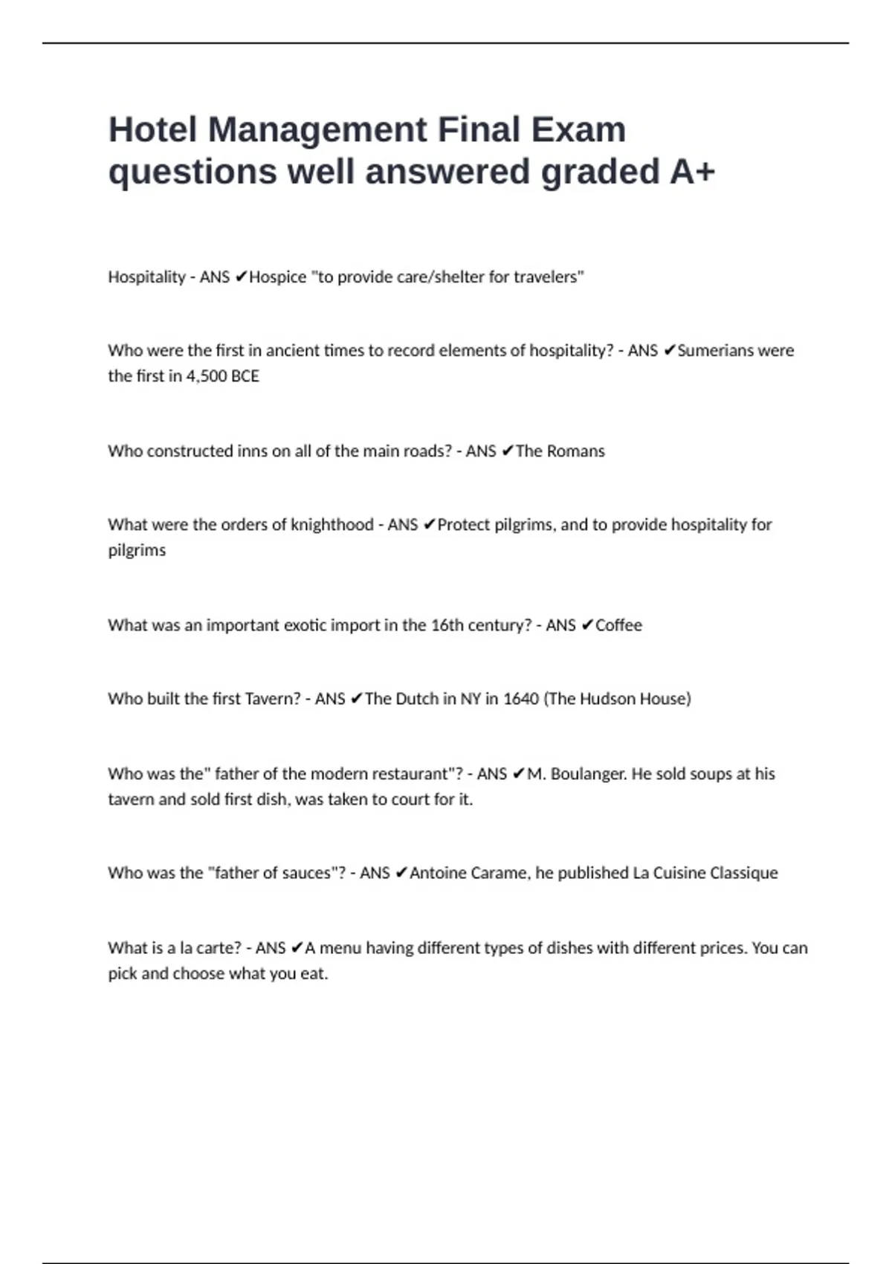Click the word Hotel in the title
(152, 130)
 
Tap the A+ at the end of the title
(692, 172)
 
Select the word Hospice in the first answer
(277, 277)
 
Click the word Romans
(576, 451)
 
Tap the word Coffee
(618, 625)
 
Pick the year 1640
(520, 699)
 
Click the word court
(410, 800)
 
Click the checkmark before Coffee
(586, 625)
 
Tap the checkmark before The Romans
(507, 451)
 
